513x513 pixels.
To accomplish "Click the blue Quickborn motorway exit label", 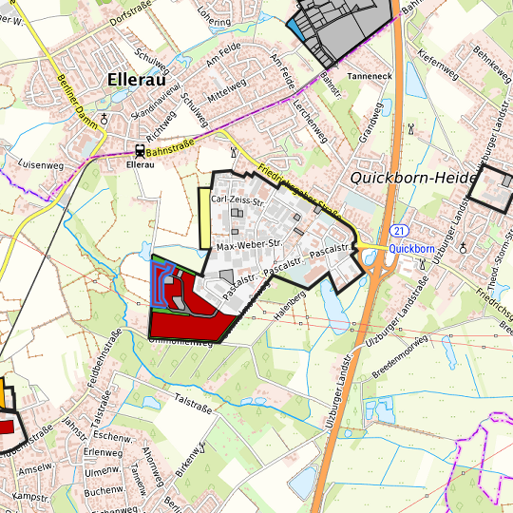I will click(411, 248).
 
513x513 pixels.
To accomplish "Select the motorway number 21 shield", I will click(399, 231).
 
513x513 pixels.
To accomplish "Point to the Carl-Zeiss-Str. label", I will click(237, 200).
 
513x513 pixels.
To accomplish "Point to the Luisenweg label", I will click(40, 165).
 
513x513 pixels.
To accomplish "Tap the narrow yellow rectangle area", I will click(203, 218).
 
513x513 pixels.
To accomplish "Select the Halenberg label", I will click(289, 304).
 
